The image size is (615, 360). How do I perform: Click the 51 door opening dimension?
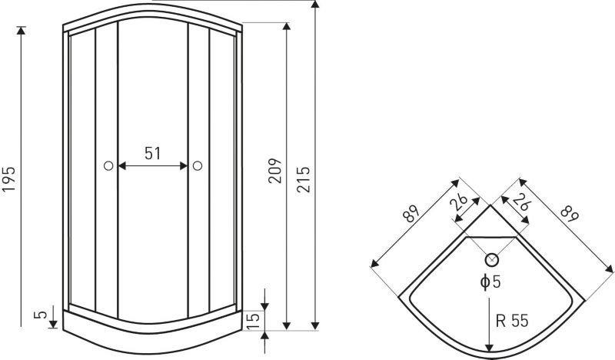152,154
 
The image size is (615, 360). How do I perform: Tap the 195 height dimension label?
8,179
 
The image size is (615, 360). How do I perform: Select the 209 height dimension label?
275,171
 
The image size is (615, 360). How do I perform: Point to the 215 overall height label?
303,179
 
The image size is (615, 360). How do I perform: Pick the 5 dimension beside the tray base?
41,315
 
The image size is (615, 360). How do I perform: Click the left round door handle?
108,165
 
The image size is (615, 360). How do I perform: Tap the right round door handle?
198,165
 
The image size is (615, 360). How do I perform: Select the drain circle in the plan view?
492,259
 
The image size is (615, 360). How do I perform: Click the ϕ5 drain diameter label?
490,282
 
